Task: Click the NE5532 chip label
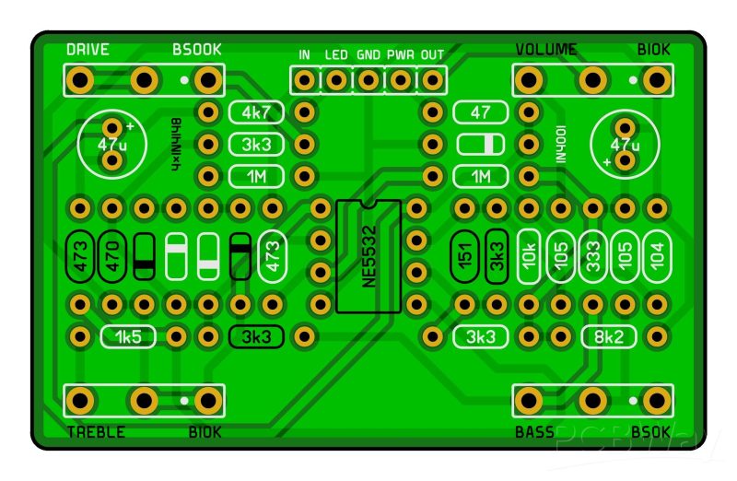[369, 256]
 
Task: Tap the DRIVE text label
[88, 50]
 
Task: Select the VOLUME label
[545, 50]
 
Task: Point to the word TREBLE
[96, 432]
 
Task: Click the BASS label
[534, 432]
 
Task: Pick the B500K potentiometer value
[197, 50]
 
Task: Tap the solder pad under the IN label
[305, 80]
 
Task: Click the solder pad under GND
[368, 80]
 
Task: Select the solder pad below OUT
[432, 80]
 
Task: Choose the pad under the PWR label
[401, 80]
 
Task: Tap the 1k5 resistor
[128, 336]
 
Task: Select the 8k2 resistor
[609, 336]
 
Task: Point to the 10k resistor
[529, 256]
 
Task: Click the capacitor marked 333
[592, 256]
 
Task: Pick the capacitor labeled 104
[657, 256]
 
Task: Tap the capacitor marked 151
[465, 256]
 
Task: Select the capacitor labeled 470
[112, 256]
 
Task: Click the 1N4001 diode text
[561, 145]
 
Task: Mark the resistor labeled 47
[481, 112]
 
